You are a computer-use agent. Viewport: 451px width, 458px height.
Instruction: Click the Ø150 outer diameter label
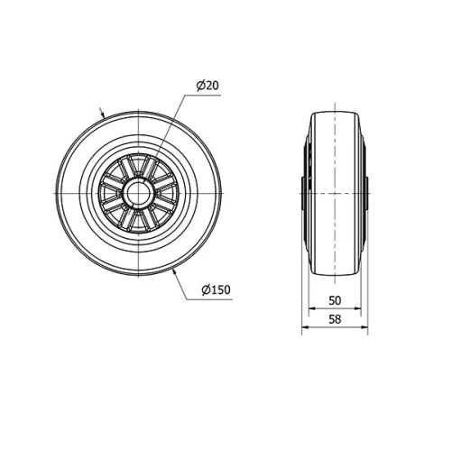[x=216, y=289]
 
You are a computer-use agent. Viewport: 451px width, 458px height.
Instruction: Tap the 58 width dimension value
[x=334, y=320]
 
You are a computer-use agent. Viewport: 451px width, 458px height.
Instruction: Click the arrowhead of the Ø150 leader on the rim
[x=171, y=268]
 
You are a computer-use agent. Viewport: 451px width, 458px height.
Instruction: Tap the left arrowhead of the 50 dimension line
[x=312, y=308]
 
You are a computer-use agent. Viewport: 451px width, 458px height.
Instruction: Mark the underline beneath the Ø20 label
[x=208, y=94]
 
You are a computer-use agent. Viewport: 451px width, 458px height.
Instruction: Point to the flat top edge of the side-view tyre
[x=335, y=112]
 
